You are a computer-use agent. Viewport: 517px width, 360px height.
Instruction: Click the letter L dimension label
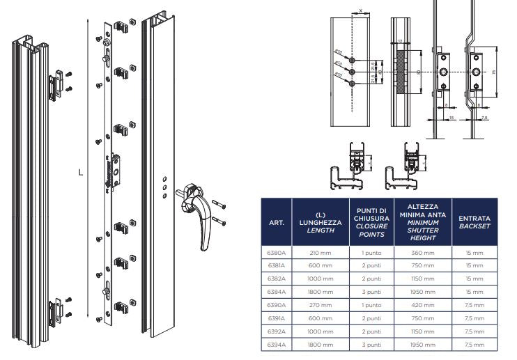81,171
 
